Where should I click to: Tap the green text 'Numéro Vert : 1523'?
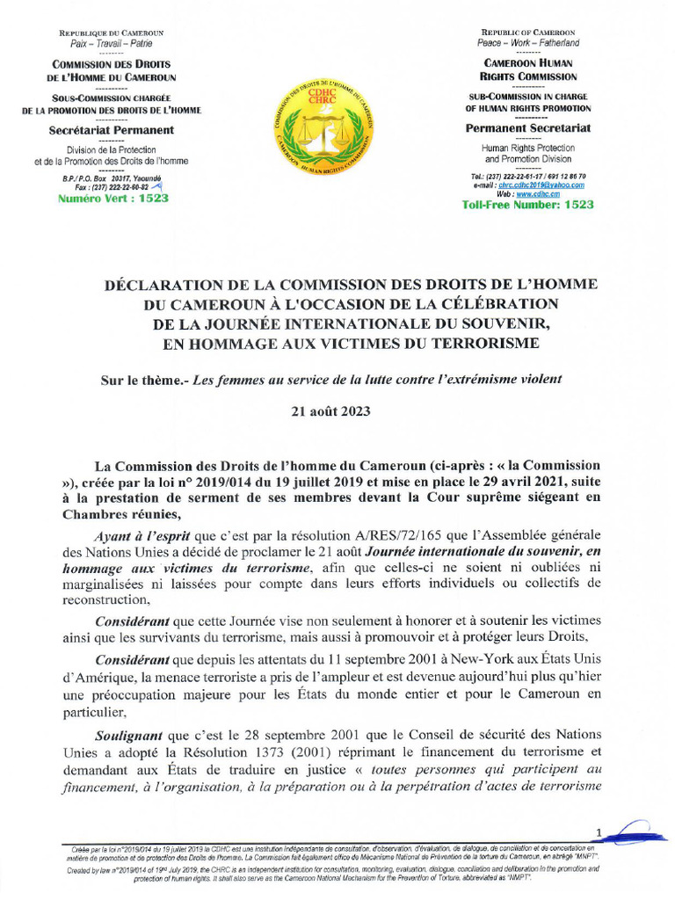pos(112,199)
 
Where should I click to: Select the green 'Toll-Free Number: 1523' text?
pos(527,205)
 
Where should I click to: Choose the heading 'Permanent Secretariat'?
pos(528,128)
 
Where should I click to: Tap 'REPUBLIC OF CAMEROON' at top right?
pos(528,32)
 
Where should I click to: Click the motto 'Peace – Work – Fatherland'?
pos(528,42)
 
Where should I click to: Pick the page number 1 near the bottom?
pos(599,831)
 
